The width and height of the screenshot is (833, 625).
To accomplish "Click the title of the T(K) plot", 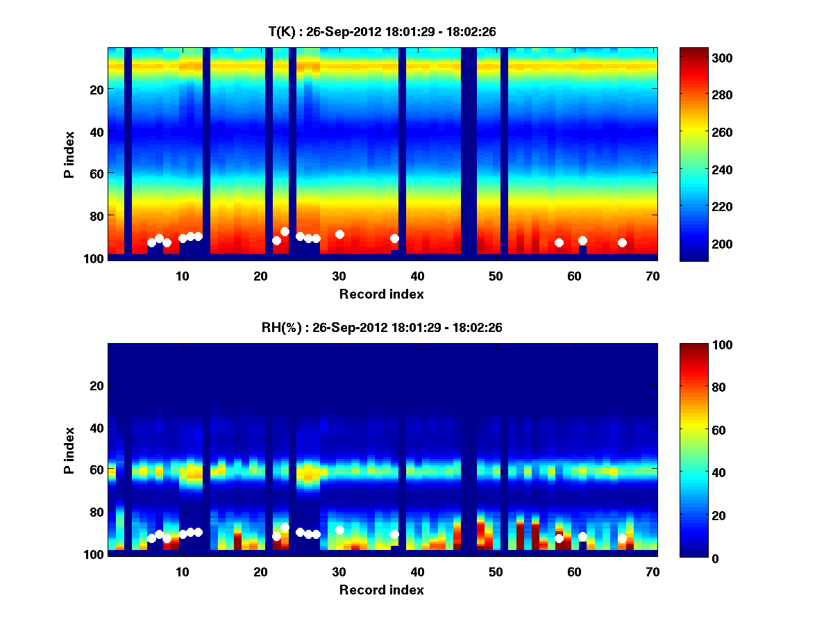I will [381, 31].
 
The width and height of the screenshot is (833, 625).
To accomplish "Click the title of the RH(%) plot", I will [381, 327].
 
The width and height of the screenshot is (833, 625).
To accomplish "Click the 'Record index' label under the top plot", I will [381, 294].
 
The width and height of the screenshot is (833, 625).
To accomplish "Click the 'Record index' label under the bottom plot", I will [381, 590].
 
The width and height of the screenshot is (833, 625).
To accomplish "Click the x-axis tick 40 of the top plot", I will [417, 275].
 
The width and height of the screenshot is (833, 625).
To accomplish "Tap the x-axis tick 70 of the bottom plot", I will [653, 571].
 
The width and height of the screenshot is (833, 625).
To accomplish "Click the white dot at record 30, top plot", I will [339, 234].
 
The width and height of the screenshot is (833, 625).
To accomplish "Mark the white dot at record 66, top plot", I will [622, 242].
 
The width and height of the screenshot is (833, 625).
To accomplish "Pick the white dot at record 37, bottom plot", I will [394, 534].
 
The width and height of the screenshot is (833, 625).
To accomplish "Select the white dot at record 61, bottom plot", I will [582, 536].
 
